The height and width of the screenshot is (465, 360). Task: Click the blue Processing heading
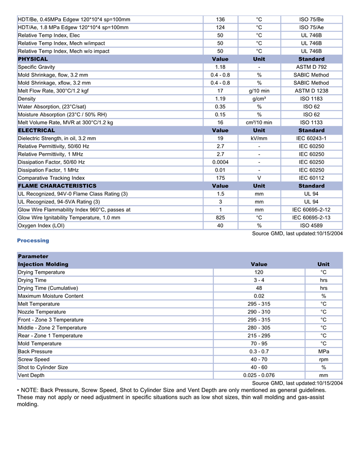[x=33, y=240]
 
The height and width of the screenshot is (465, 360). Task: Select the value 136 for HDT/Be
[x=220, y=20]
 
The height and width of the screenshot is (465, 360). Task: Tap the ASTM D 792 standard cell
[x=311, y=67]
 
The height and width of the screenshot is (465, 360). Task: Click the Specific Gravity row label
[x=37, y=67]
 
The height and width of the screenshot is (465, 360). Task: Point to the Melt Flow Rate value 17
[x=220, y=91]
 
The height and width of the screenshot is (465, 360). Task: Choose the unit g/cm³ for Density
[x=259, y=99]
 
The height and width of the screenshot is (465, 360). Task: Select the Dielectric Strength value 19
[x=220, y=138]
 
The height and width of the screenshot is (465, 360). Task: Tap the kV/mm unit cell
[x=259, y=138]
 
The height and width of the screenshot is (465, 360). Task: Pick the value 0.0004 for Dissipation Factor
[x=220, y=162]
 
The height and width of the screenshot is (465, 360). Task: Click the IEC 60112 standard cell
[x=311, y=178]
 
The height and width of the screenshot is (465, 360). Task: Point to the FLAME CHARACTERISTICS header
[x=57, y=185]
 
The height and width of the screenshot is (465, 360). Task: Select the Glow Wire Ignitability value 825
[x=220, y=217]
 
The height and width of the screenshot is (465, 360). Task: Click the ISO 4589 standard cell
[x=311, y=226]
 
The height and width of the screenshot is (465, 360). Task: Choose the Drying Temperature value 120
[x=259, y=272]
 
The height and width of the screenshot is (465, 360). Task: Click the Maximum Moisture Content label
[x=50, y=296]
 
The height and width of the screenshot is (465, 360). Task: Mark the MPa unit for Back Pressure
[x=323, y=351]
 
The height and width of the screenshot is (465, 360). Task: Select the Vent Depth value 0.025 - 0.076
[x=259, y=375]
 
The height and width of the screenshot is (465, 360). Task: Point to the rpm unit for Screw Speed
[x=323, y=359]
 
